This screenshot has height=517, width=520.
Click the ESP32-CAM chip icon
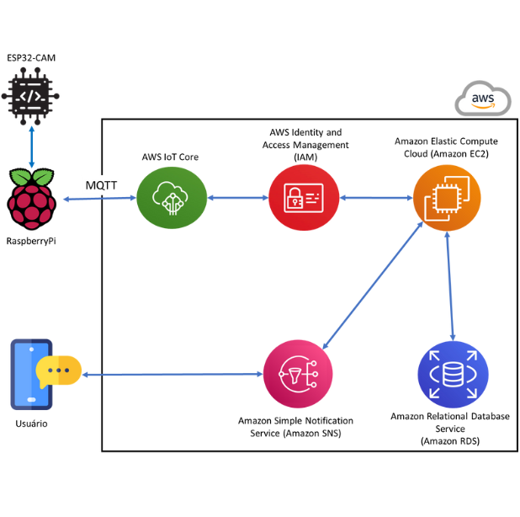31,97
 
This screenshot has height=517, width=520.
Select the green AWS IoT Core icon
171,198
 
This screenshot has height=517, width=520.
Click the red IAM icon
304,198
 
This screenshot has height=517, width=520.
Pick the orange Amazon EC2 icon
445,199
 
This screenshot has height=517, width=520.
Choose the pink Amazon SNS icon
298,374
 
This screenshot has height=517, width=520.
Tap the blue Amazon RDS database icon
453,374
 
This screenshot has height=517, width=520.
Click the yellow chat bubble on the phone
60,370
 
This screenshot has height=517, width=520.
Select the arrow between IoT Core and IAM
237,199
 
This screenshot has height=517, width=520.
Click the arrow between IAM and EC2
374,199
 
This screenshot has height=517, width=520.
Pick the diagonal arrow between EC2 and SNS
374,285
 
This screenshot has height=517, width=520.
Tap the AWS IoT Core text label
171,157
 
